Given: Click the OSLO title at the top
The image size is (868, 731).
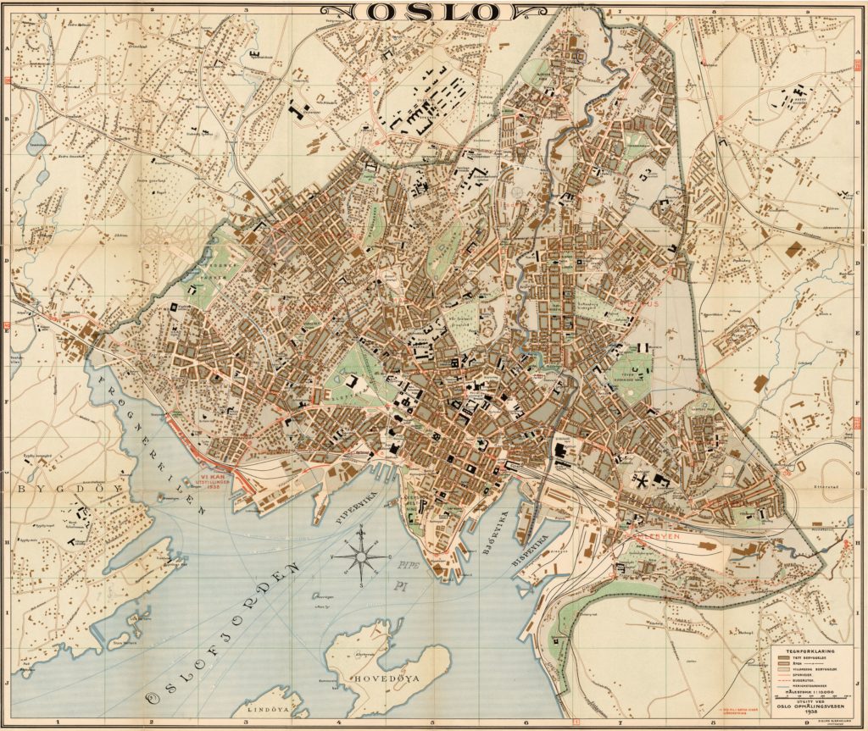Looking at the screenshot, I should pyautogui.click(x=422, y=11).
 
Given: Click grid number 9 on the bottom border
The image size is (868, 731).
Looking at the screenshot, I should pyautogui.click(x=807, y=722).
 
